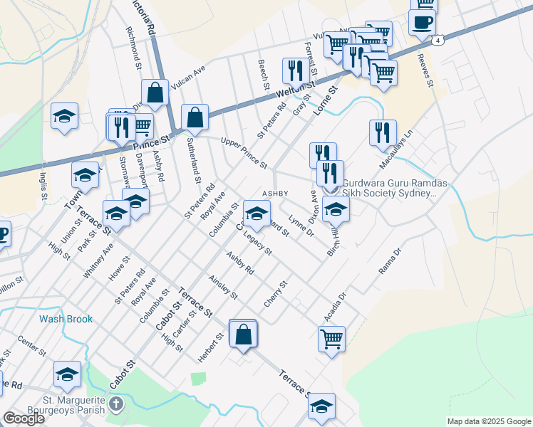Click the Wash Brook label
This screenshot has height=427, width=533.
[x=66, y=319]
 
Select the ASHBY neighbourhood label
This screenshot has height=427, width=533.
[x=275, y=194]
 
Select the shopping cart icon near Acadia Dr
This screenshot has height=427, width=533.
[x=331, y=338]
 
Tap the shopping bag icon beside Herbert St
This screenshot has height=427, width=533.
[x=243, y=334]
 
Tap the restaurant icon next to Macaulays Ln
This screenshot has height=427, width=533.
[x=383, y=132]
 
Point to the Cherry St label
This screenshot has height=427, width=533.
[x=275, y=293]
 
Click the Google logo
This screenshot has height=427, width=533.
[x=24, y=418]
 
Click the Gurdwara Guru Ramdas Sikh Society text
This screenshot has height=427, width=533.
[x=395, y=188]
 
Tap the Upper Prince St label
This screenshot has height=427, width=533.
[x=244, y=153]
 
